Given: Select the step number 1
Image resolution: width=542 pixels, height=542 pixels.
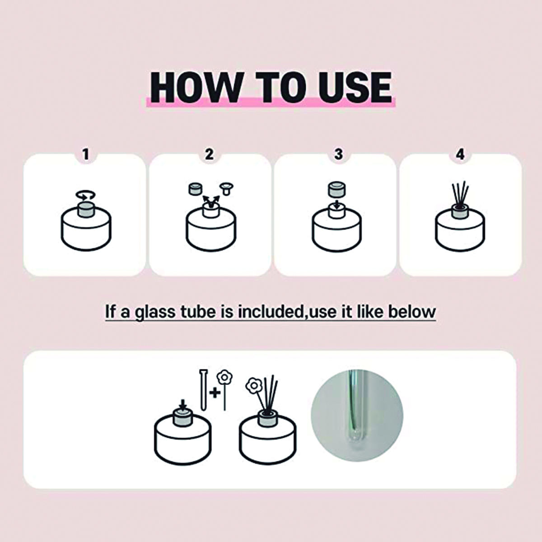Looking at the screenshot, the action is coord(86,154).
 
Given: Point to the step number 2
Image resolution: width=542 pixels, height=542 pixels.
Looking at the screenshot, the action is coord(209,154).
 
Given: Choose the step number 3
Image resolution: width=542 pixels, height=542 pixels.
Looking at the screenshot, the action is coord(338,154).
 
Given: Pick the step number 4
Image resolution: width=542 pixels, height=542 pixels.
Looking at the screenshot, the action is coord(460,154).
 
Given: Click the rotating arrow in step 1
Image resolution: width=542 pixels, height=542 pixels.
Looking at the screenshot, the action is coord(86,195).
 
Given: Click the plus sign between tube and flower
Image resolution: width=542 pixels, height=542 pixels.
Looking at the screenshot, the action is coord(215,393).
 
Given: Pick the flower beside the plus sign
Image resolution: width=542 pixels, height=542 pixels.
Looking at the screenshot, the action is coord(224,390).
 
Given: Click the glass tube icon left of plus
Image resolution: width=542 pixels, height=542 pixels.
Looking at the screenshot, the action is coord(204,389).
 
